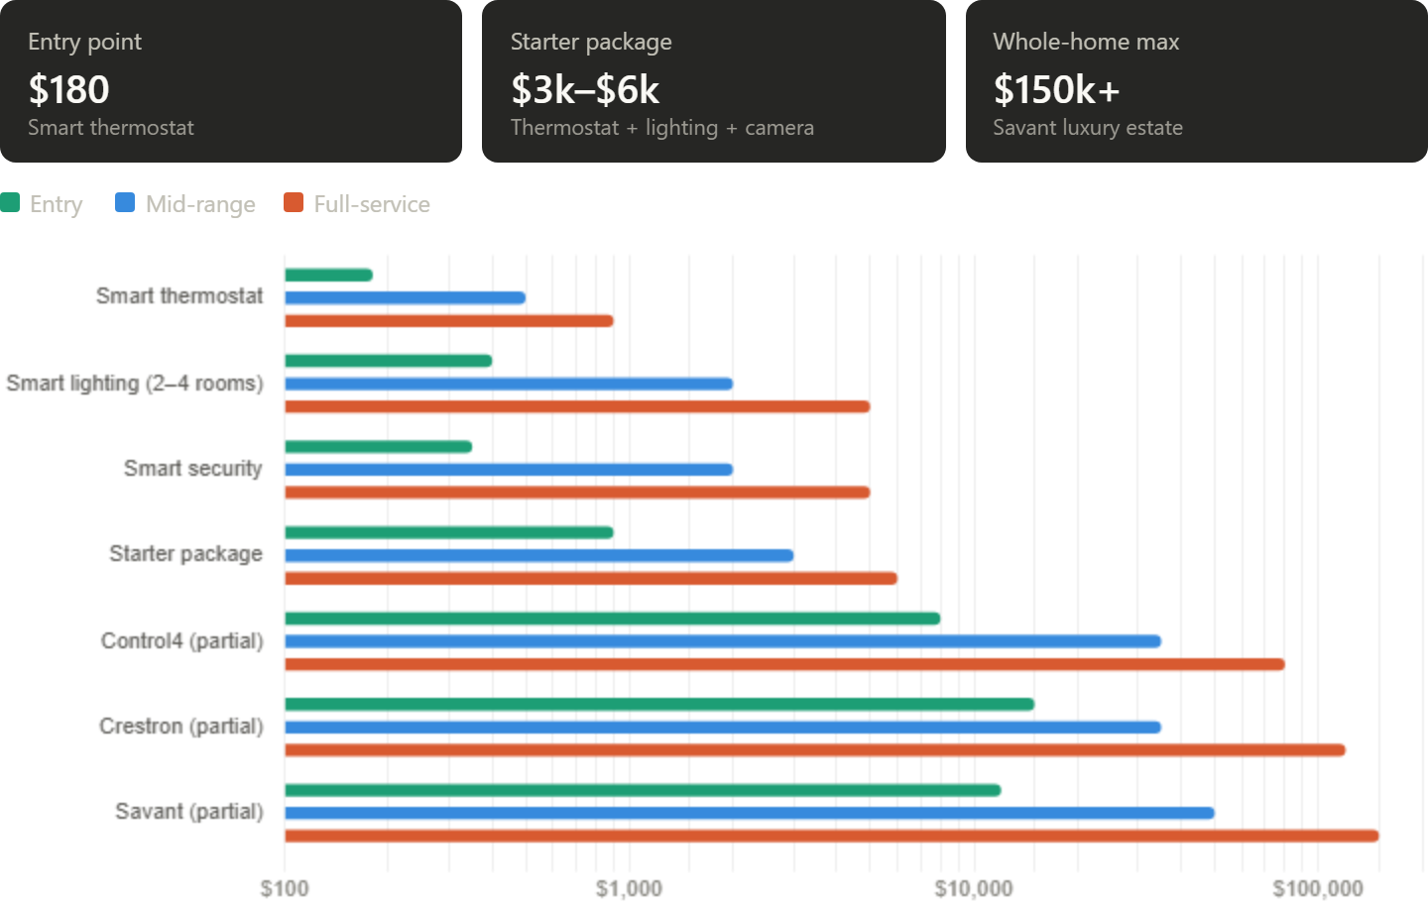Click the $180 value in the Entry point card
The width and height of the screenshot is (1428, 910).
pyautogui.click(x=68, y=90)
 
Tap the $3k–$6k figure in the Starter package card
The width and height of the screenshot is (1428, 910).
pyautogui.click(x=584, y=90)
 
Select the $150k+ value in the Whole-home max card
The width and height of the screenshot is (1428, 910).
pyautogui.click(x=1056, y=90)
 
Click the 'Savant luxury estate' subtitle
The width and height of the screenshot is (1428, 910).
pyautogui.click(x=1087, y=128)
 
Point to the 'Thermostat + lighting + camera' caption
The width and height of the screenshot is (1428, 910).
pyautogui.click(x=661, y=128)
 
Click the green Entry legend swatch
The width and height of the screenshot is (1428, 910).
pyautogui.click(x=10, y=203)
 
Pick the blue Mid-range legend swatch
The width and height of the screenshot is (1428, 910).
pyautogui.click(x=124, y=203)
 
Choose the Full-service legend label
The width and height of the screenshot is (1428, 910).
pyautogui.click(x=372, y=204)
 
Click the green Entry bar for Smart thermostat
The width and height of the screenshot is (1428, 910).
pyautogui.click(x=328, y=275)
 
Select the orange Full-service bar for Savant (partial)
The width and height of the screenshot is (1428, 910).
pyautogui.click(x=831, y=836)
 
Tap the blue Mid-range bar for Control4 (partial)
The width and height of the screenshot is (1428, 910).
pyautogui.click(x=723, y=641)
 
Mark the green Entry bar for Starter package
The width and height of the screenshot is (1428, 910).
pyautogui.click(x=449, y=532)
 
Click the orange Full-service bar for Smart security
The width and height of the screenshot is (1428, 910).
pyautogui.click(x=577, y=493)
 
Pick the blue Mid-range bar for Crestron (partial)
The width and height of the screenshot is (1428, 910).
pyautogui.click(x=723, y=727)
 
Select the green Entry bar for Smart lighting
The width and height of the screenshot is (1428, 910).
pyautogui.click(x=388, y=361)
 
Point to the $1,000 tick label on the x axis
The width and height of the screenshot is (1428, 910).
pyautogui.click(x=629, y=888)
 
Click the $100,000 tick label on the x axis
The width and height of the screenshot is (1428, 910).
pyautogui.click(x=1318, y=888)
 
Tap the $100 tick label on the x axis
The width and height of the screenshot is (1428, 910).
pyautogui.click(x=285, y=888)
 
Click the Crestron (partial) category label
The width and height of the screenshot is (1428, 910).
pyautogui.click(x=181, y=727)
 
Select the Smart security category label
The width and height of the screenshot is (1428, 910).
pyautogui.click(x=193, y=468)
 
